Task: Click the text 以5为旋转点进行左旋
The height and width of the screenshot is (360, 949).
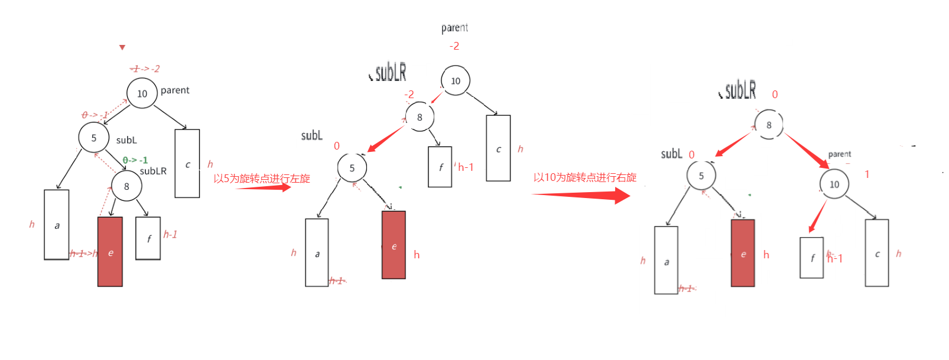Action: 261,179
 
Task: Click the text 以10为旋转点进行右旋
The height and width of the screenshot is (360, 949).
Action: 584,177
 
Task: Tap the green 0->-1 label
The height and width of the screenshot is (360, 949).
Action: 135,160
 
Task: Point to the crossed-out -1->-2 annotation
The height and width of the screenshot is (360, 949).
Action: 145,69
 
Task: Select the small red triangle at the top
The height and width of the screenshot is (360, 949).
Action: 122,47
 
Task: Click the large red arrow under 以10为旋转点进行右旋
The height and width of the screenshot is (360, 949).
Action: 581,195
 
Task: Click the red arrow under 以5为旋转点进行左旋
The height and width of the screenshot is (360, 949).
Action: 264,188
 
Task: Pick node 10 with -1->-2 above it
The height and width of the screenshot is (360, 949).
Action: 142,93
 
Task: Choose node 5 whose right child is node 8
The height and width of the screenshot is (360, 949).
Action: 93,138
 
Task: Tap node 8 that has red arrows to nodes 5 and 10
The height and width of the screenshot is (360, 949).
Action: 768,125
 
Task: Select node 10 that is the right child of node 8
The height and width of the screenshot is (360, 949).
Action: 834,184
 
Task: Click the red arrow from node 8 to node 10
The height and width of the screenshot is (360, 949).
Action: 807,151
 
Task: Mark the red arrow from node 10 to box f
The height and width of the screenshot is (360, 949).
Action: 818,216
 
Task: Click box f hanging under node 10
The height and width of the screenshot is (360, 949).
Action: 811,258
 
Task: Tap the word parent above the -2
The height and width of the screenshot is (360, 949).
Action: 454,28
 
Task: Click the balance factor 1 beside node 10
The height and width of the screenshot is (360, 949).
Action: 867,174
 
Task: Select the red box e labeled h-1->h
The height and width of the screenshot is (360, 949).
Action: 110,252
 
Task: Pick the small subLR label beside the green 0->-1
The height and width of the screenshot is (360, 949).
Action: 153,171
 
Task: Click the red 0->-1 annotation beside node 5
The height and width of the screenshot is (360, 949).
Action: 95,115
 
